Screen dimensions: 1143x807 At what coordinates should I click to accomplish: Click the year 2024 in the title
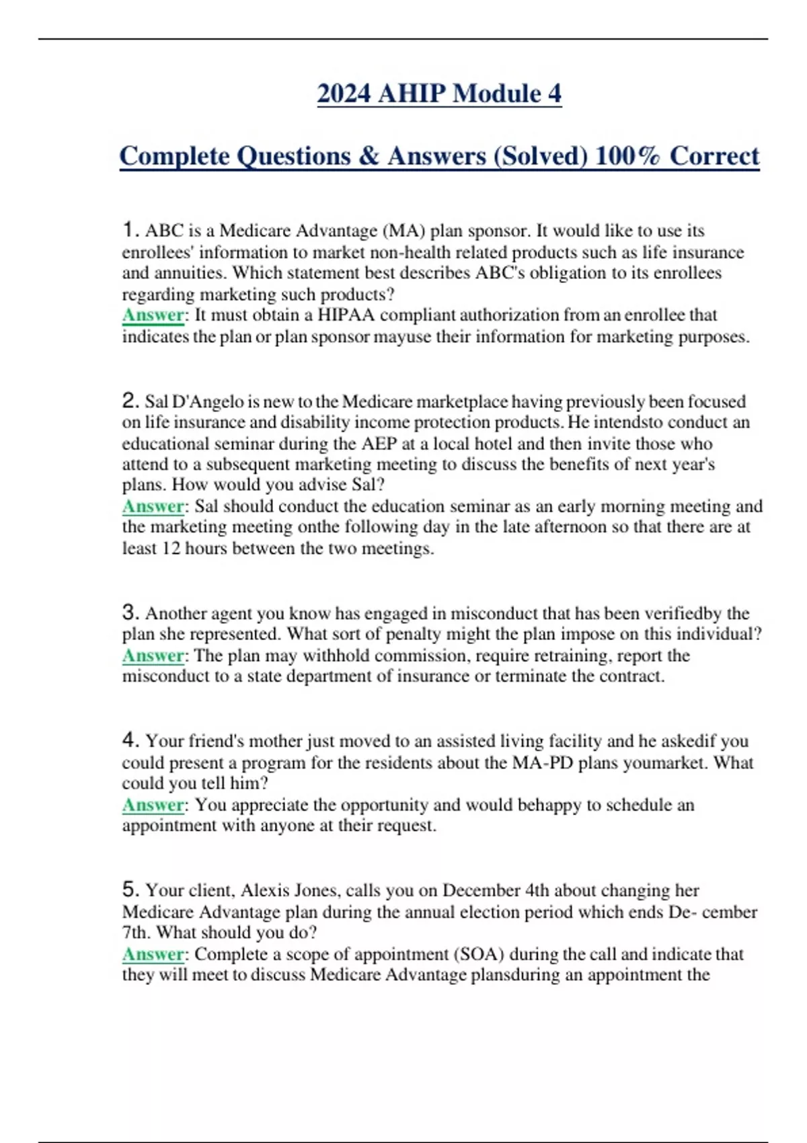pyautogui.click(x=343, y=93)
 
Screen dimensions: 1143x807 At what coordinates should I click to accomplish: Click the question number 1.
pyautogui.click(x=130, y=230)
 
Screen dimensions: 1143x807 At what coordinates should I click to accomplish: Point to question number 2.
pyautogui.click(x=130, y=401)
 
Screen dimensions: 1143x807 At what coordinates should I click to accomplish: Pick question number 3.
pyautogui.click(x=130, y=613)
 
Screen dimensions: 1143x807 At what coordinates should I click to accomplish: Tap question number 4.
pyautogui.click(x=130, y=740)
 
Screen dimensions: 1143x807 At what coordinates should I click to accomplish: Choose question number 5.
pyautogui.click(x=130, y=890)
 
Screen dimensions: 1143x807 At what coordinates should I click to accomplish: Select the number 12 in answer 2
pyautogui.click(x=171, y=549)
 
